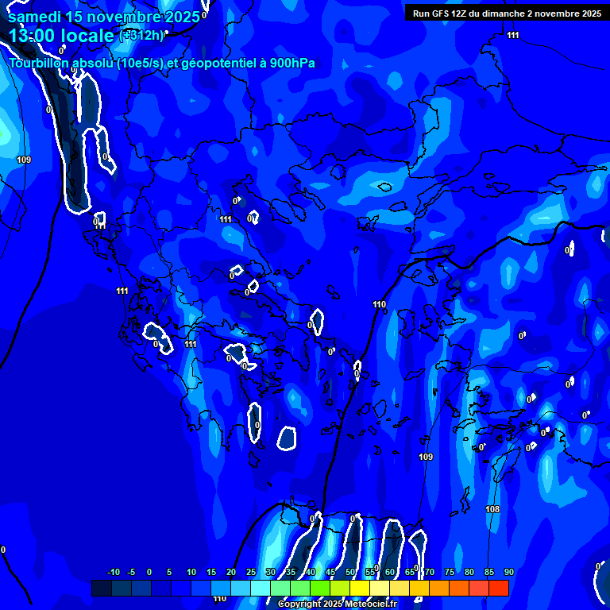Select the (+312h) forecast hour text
(x=143, y=35)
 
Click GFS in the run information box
(x=441, y=14)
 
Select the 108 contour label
(x=492, y=509)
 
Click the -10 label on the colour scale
(x=113, y=573)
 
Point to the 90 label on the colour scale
(x=508, y=573)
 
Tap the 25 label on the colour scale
(x=251, y=573)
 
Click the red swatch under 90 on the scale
(x=498, y=588)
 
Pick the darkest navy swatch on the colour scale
(x=101, y=588)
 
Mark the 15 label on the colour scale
(x=211, y=573)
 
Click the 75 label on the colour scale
(x=450, y=573)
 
